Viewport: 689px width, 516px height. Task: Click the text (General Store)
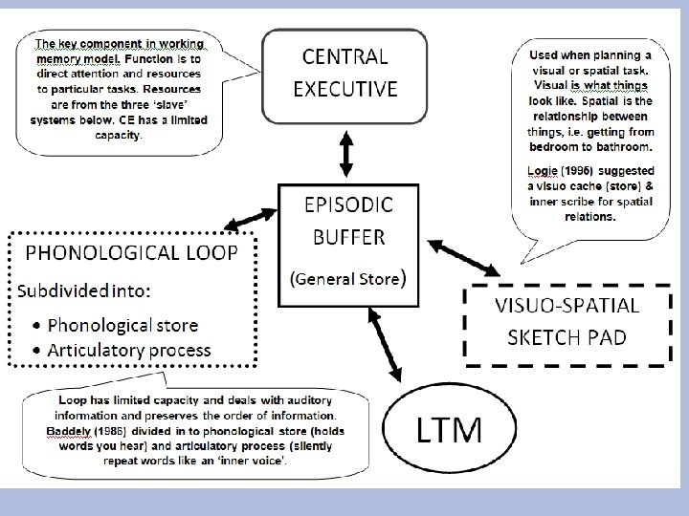click(x=349, y=278)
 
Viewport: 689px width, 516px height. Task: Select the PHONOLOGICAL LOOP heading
click(x=126, y=253)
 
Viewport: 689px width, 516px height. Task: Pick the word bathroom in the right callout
click(x=620, y=147)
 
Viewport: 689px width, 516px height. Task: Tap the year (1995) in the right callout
click(x=585, y=169)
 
